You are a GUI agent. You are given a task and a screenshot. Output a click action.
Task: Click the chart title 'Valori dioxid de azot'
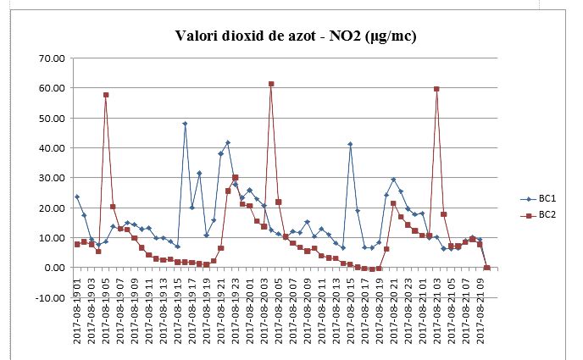296,36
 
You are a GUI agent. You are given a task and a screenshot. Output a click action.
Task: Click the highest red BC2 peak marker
271,84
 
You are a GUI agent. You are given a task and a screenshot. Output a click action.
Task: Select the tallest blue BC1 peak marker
185,124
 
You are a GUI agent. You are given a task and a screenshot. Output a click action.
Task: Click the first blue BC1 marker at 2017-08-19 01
77,197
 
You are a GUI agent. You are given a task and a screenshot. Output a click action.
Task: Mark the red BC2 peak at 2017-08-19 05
106,95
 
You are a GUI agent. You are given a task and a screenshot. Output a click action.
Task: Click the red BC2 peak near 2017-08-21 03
436,89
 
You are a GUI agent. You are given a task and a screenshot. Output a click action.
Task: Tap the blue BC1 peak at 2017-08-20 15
350,144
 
